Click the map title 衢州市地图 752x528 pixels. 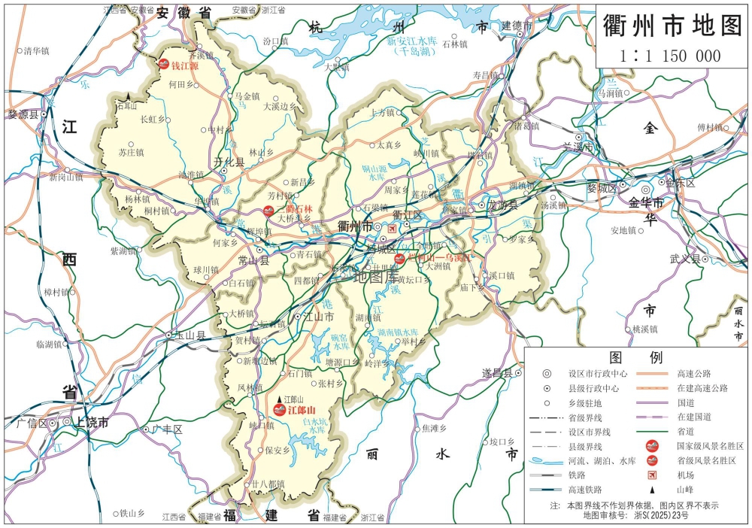point(672,25)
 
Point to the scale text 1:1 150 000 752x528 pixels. point(671,56)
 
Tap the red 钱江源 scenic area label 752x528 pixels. point(185,66)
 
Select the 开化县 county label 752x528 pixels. point(229,162)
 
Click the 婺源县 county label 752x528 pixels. point(23,114)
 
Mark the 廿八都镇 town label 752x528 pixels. point(268,484)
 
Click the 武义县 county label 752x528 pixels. point(684,259)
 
